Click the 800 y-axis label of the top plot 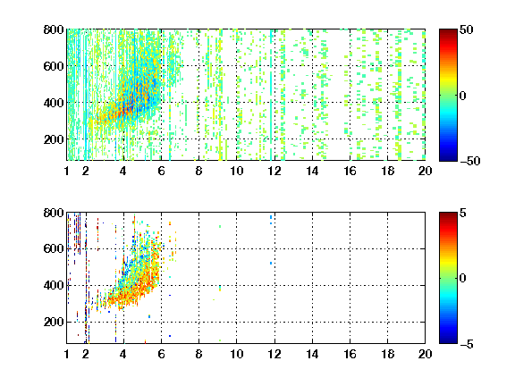[54, 29]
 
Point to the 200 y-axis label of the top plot [54, 139]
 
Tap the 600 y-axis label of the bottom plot [54, 248]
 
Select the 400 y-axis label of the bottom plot [54, 285]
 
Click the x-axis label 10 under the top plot [236, 171]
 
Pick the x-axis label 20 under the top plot [425, 171]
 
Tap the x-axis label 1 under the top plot [67, 171]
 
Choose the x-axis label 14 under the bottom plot [312, 354]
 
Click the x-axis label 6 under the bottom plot [161, 354]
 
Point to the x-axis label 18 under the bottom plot [387, 354]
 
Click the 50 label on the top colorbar [466, 29]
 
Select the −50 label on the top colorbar [469, 161]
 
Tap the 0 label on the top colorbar [462, 96]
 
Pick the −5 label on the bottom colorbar [467, 344]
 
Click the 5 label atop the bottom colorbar [463, 213]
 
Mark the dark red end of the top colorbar [448, 30]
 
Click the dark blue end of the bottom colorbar [448, 341]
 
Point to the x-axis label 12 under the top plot [274, 171]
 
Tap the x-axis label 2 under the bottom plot [86, 354]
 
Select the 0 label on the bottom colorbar [462, 279]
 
